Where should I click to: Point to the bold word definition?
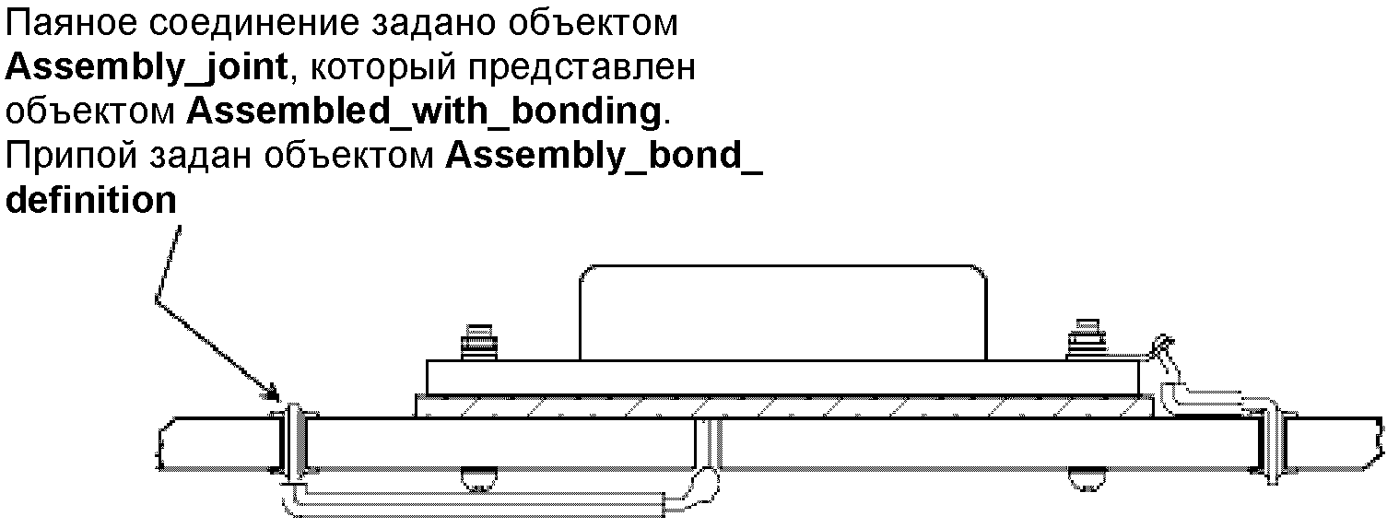coord(91,199)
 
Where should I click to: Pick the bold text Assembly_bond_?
coord(605,157)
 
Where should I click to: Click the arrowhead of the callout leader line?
coord(272,393)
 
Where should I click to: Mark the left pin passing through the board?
coord(292,442)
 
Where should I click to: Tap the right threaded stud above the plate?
coord(1082,340)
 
